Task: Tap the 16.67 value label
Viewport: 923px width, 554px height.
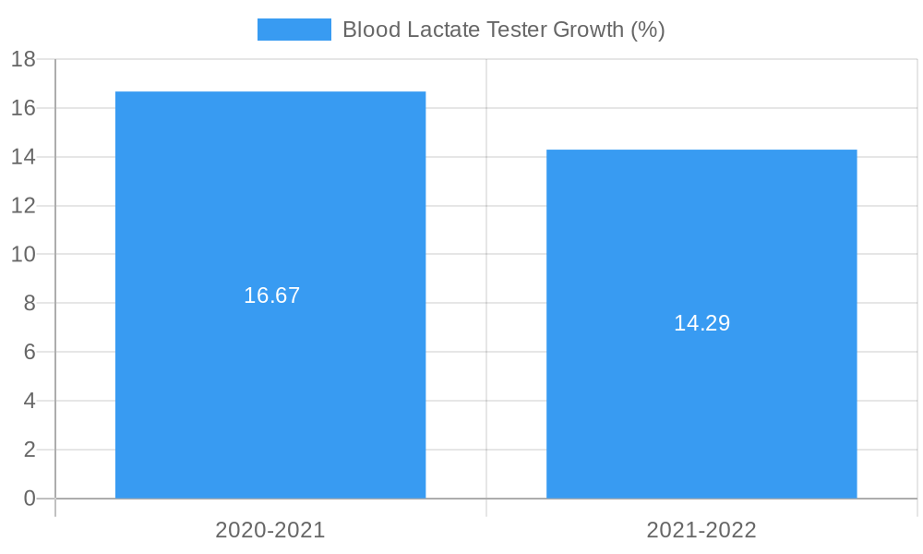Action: pos(271,295)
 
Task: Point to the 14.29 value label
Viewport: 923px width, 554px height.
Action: pos(701,323)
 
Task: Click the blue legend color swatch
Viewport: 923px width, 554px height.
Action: pos(294,30)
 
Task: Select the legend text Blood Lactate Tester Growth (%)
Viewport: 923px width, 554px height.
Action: pos(503,30)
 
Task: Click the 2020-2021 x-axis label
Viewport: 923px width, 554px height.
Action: pos(270,530)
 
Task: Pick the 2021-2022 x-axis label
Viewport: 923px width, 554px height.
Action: pos(701,530)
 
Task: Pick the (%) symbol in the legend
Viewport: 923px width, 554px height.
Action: pos(647,30)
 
